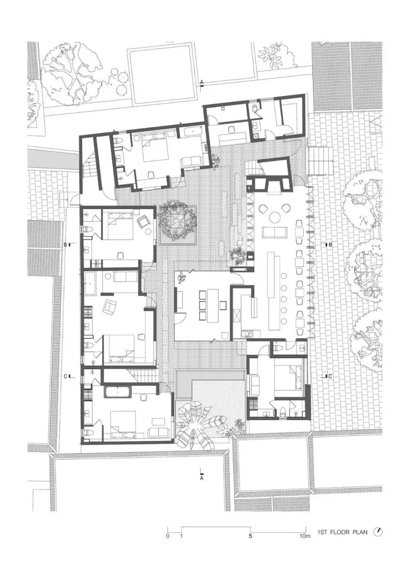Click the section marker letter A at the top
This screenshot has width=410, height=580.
coord(202,82)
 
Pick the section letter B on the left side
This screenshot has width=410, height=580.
coord(66,244)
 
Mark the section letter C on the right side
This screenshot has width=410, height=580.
coord(330,377)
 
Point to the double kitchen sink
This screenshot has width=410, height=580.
coord(247,334)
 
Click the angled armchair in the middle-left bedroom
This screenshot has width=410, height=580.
coord(110,306)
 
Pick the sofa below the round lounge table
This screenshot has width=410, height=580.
coord(275,232)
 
